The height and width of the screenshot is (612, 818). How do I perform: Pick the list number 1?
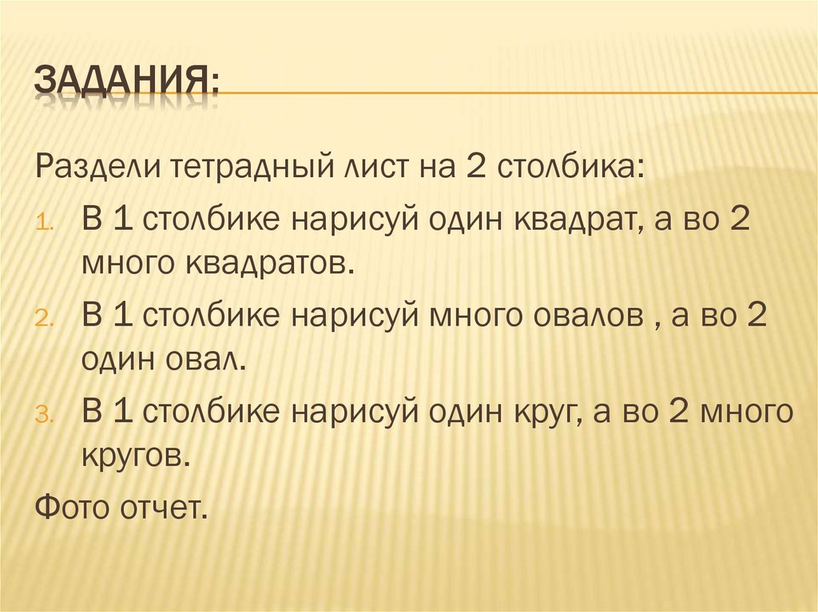45,223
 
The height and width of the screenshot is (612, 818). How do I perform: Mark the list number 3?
45,414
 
